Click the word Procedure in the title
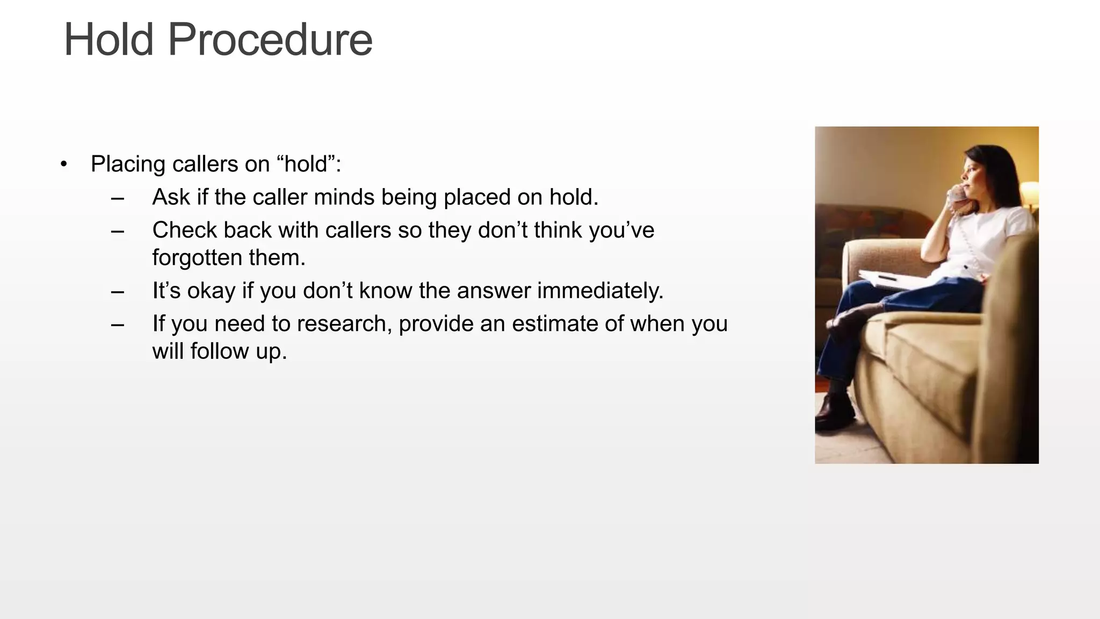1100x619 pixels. [270, 40]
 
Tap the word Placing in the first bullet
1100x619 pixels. [128, 164]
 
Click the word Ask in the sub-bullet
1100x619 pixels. [171, 197]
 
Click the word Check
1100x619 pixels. [184, 231]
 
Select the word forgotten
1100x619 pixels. [197, 258]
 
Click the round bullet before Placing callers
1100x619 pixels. [64, 164]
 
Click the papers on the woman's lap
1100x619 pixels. [892, 280]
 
